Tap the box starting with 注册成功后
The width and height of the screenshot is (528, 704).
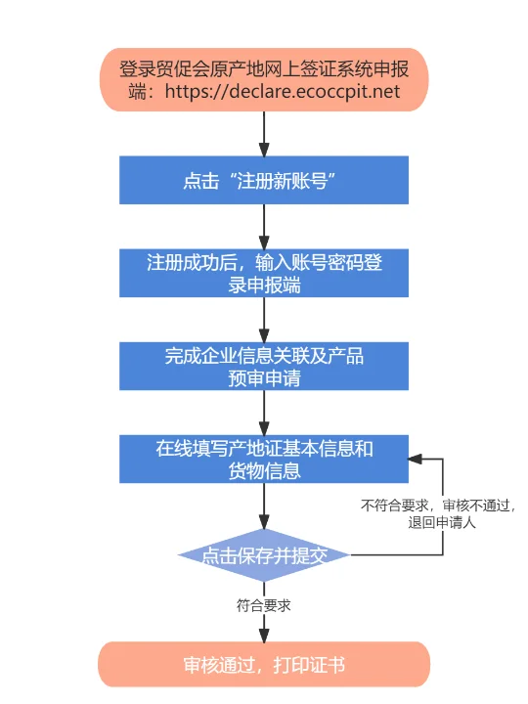tap(264, 273)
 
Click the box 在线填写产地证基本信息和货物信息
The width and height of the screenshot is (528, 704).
tap(264, 460)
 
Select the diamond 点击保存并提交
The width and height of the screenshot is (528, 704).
tap(264, 555)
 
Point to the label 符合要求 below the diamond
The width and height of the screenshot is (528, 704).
tap(264, 605)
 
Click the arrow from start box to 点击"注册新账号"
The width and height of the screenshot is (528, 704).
tap(264, 133)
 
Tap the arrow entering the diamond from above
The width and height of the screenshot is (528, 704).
tap(264, 508)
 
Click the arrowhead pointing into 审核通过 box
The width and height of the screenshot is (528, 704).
tap(264, 636)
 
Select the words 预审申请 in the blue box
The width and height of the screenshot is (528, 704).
tap(264, 378)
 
